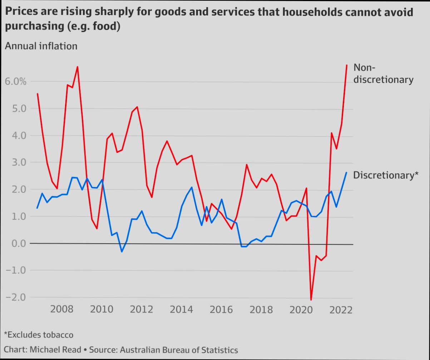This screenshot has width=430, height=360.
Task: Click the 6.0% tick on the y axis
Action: pyautogui.click(x=16, y=82)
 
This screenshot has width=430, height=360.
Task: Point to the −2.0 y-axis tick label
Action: pyautogui.click(x=16, y=297)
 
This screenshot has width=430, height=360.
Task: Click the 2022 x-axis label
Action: pyautogui.click(x=341, y=310)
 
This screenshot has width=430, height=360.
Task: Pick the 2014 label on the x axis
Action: pyautogui.click(x=181, y=309)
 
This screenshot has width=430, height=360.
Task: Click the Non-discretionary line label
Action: pyautogui.click(x=383, y=74)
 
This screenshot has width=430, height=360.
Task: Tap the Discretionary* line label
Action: pyautogui.click(x=385, y=175)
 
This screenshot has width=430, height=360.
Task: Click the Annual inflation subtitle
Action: pyautogui.click(x=41, y=46)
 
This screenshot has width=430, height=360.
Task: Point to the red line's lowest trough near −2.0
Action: pyautogui.click(x=311, y=300)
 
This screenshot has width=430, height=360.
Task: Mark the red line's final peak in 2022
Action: pyautogui.click(x=346, y=65)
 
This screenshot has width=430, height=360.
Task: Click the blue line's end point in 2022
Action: pyautogui.click(x=346, y=173)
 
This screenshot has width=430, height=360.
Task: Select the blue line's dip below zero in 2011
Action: pyautogui.click(x=122, y=252)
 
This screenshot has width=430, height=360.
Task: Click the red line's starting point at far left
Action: pyautogui.click(x=38, y=94)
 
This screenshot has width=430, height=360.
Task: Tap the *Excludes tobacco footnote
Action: pyautogui.click(x=39, y=335)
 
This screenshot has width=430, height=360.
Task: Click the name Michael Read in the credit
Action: pyautogui.click(x=55, y=349)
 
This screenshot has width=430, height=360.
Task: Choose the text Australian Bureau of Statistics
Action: pyautogui.click(x=179, y=350)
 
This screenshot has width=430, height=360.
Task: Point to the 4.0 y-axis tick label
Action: pyautogui.click(x=16, y=135)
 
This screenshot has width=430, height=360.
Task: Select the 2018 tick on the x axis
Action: pyautogui.click(x=261, y=309)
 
